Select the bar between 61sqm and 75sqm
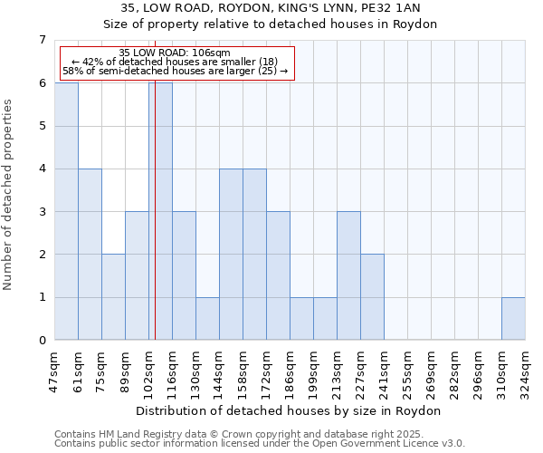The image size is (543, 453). click(x=90, y=255)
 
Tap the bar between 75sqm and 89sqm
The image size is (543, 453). click(x=113, y=297)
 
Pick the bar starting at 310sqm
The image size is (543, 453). click(x=513, y=319)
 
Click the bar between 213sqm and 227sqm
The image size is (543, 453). click(x=348, y=275)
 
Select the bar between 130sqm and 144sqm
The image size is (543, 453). click(x=207, y=319)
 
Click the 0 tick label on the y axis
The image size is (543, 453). click(x=42, y=341)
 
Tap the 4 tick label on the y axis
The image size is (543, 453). click(x=42, y=169)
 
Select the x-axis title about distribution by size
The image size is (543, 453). click(x=290, y=411)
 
